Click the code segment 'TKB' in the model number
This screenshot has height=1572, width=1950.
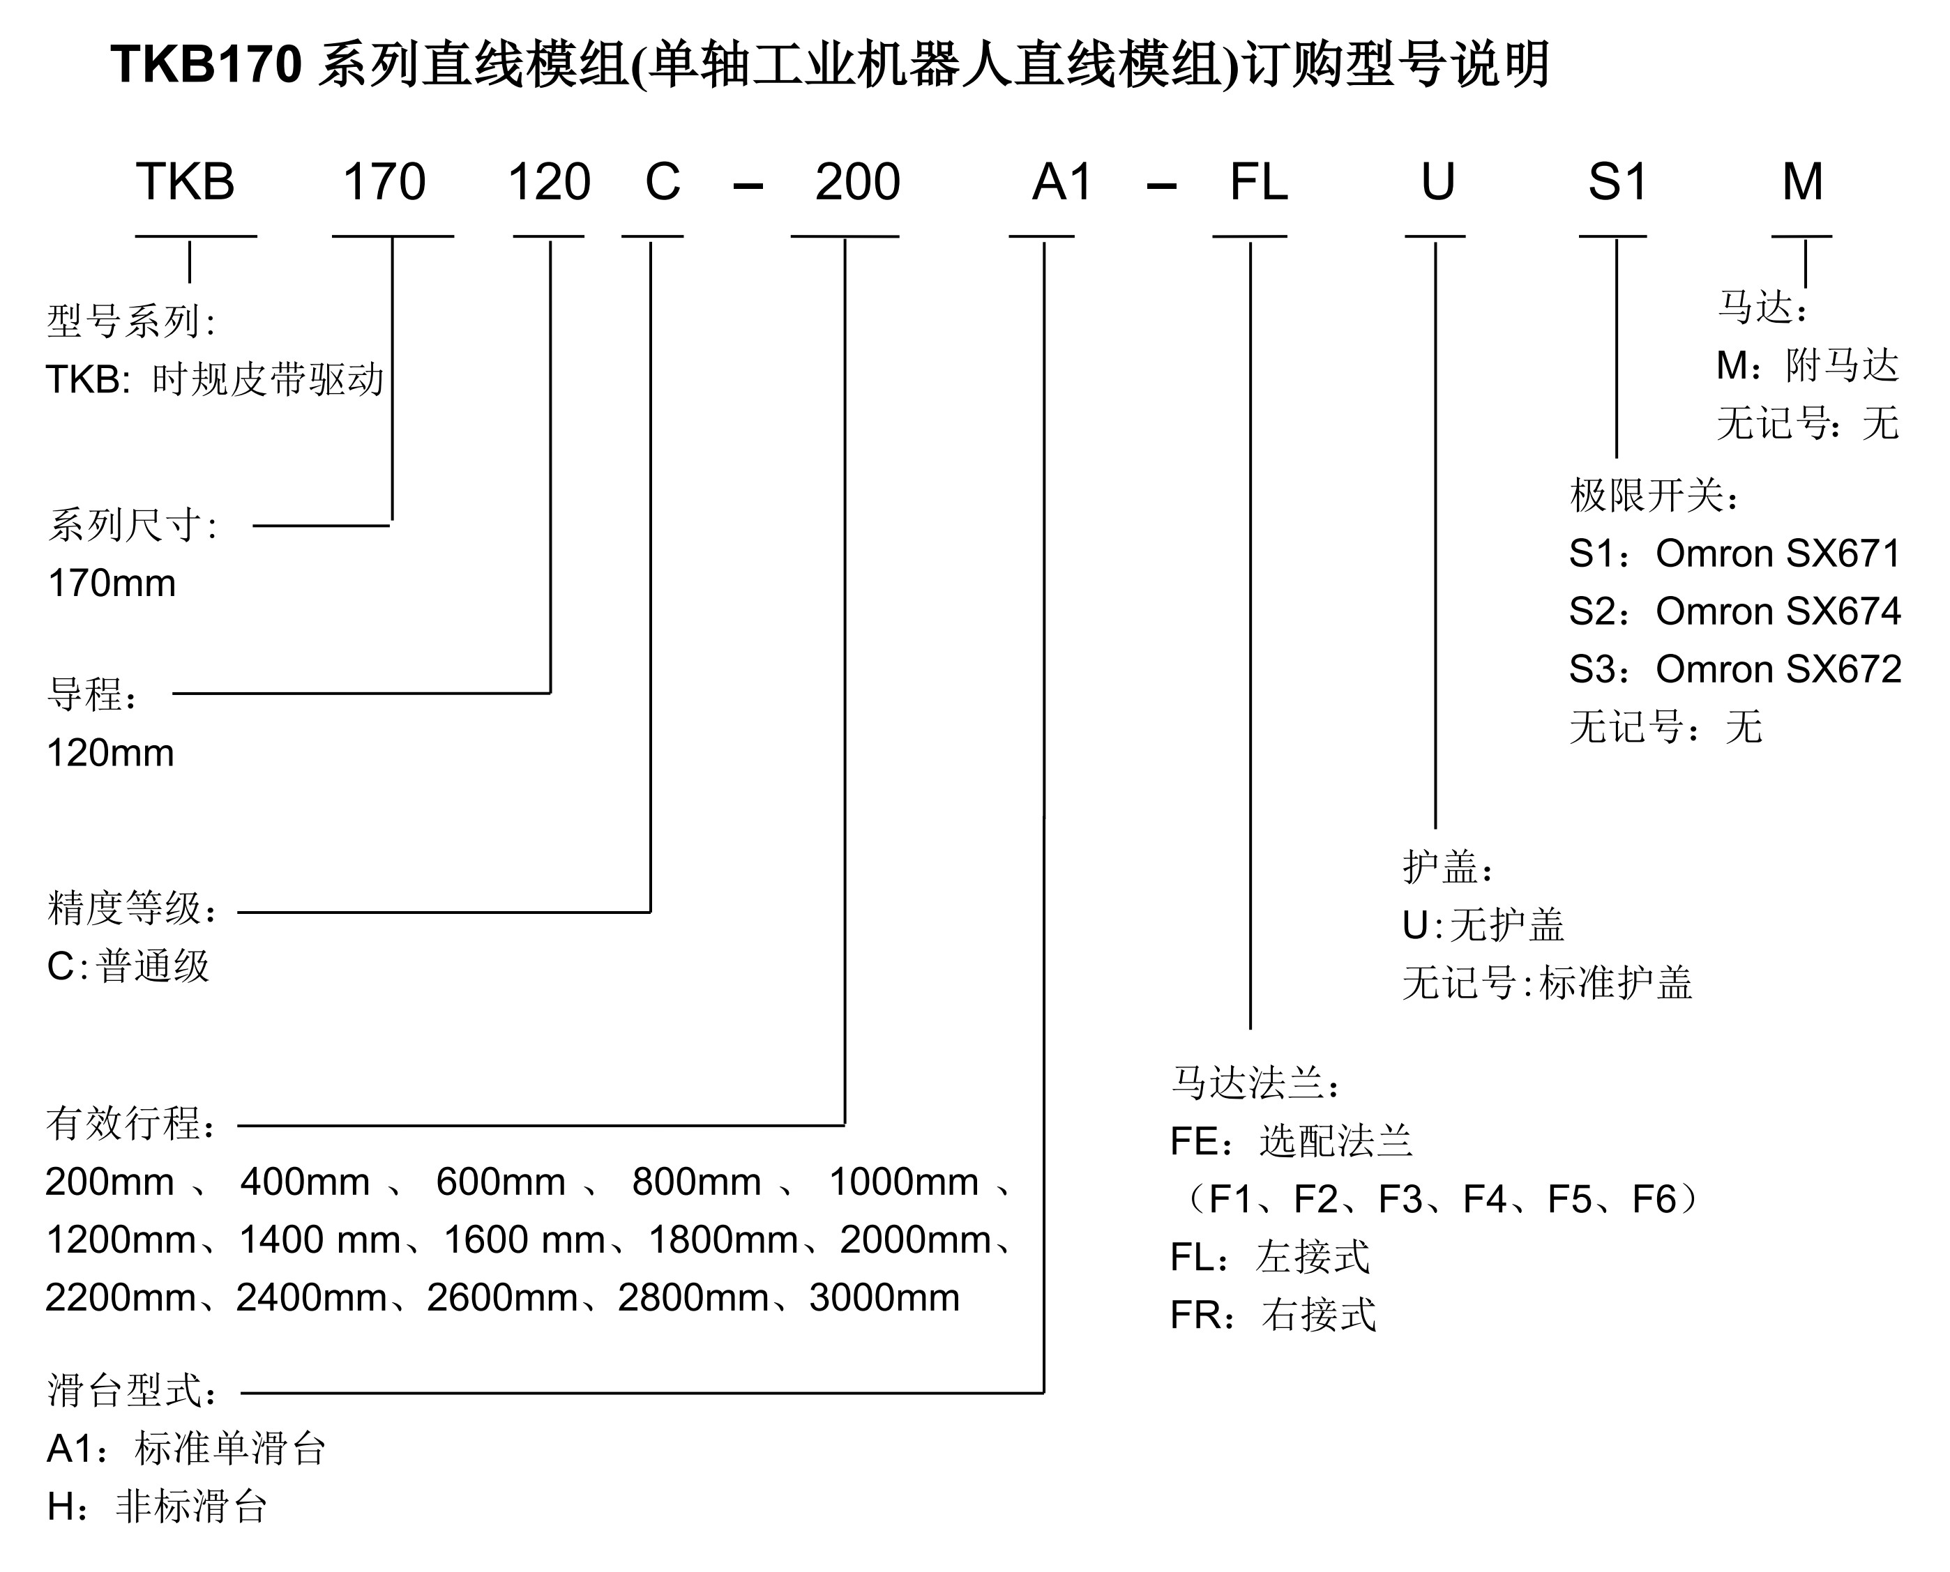click(x=186, y=182)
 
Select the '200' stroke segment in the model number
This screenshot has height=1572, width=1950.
click(x=857, y=182)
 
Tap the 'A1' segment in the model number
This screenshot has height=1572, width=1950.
click(x=1062, y=182)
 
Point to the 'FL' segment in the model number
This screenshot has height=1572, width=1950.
click(x=1258, y=182)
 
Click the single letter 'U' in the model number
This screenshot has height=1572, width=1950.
click(x=1437, y=182)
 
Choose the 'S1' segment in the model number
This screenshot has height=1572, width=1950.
click(x=1617, y=182)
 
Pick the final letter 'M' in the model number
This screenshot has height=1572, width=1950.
click(x=1802, y=182)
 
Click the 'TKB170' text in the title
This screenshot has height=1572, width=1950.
click(x=206, y=66)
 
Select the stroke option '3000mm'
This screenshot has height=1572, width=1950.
click(x=884, y=1297)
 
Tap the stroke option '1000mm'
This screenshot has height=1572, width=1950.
click(x=904, y=1182)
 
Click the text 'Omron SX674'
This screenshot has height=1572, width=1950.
click(x=1778, y=611)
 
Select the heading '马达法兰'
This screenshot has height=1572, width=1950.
click(x=1250, y=1082)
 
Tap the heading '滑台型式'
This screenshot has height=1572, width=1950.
click(x=128, y=1390)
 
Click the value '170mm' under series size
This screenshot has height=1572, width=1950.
click(x=112, y=583)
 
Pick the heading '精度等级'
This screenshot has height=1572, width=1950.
click(x=128, y=908)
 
